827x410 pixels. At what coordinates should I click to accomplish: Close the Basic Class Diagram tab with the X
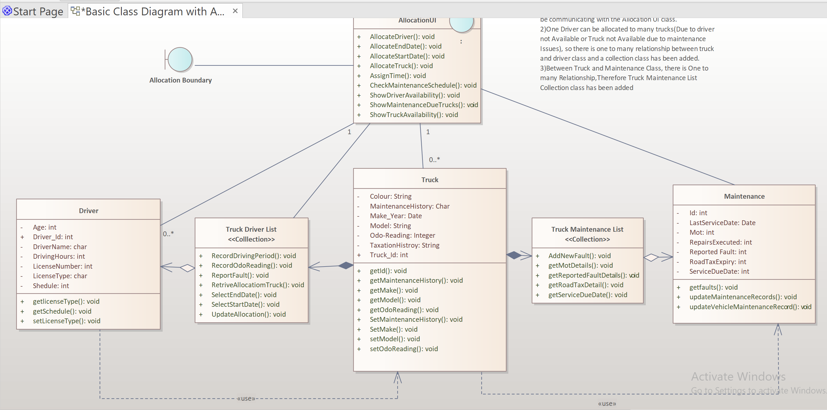[235, 11]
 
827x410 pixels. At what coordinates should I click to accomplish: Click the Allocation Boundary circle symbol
[180, 59]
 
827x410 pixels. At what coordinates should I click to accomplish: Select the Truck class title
[429, 180]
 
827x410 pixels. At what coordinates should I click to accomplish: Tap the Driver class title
[89, 211]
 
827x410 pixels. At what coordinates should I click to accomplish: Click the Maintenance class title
[744, 196]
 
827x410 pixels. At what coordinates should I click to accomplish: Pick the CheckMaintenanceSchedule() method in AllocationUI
[423, 86]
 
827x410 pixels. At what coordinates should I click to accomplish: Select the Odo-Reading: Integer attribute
[402, 235]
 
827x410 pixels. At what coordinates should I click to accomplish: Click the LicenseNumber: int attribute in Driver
[63, 266]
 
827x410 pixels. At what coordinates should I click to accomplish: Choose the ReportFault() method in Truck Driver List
[240, 275]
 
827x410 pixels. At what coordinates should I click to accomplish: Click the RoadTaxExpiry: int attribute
[717, 262]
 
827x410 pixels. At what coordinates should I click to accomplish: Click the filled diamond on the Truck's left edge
[346, 265]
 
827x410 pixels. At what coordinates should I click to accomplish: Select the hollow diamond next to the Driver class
[187, 268]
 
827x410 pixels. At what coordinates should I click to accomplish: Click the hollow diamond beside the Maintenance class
[651, 258]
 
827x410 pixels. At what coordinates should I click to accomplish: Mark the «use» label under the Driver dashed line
[246, 398]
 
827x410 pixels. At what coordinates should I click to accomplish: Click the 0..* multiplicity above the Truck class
[435, 160]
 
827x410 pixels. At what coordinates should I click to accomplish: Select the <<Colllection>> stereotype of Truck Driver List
[251, 239]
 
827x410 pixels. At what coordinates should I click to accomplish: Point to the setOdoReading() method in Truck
[404, 349]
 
